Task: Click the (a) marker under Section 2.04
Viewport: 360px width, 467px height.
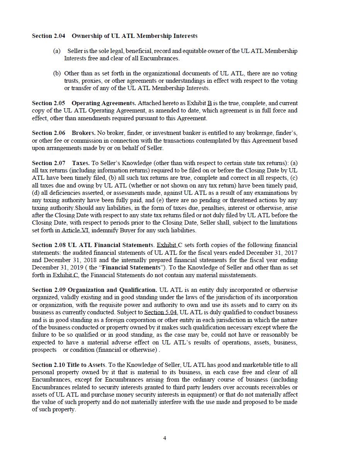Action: coord(56,51)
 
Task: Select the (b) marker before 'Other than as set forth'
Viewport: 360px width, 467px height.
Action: coord(56,73)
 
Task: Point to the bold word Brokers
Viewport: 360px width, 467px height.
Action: coord(83,133)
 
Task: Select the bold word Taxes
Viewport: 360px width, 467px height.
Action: coord(81,163)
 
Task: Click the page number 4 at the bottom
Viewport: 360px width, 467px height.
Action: coord(165,438)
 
